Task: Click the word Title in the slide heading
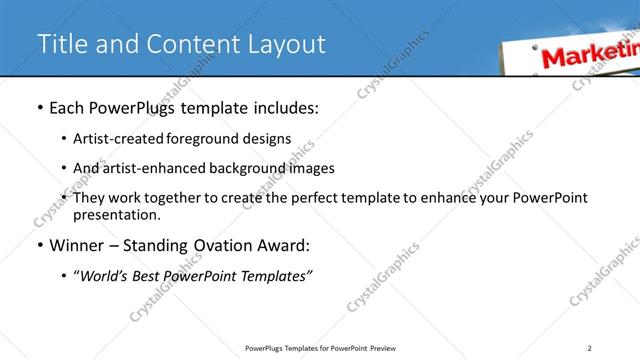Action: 59,44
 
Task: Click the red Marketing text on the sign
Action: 589,53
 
